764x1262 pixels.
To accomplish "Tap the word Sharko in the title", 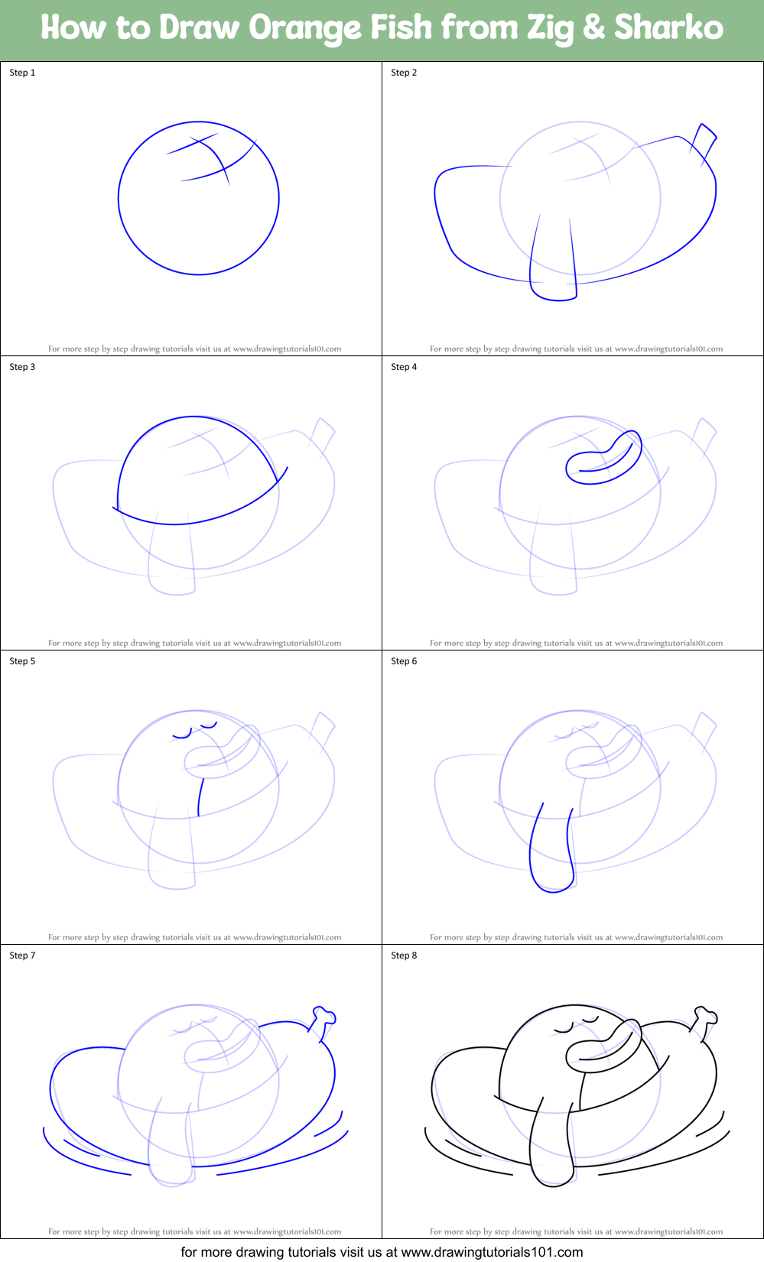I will [x=668, y=28].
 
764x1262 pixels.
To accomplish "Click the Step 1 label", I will [x=22, y=73].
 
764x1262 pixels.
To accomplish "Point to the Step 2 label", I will [x=404, y=73].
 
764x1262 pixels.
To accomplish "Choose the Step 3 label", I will [x=22, y=367].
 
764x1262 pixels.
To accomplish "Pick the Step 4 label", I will [x=404, y=367].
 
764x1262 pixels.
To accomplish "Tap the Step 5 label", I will [x=22, y=661].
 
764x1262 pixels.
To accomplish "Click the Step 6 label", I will [x=404, y=661].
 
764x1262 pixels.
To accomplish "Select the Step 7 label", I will [x=22, y=955].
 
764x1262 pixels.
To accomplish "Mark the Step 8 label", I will [x=404, y=955].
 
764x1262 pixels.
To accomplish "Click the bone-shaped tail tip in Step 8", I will [x=705, y=1020].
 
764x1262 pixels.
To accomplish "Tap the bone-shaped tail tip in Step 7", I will [x=323, y=1020].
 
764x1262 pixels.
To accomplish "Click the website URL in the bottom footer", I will [x=492, y=1252].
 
